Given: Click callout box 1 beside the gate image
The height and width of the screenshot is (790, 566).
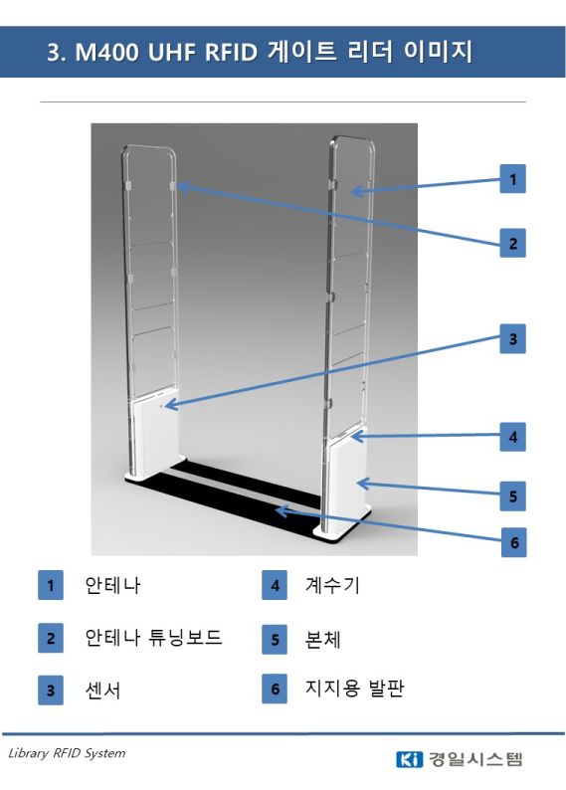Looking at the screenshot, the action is pyautogui.click(x=512, y=179).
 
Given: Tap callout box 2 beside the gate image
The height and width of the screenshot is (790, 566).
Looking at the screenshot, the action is pyautogui.click(x=512, y=244).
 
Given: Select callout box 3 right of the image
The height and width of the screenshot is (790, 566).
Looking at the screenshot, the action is pyautogui.click(x=512, y=338).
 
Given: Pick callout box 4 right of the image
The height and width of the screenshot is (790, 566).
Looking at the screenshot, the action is pyautogui.click(x=512, y=437).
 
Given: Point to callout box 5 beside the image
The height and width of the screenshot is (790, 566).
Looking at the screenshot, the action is pyautogui.click(x=512, y=496).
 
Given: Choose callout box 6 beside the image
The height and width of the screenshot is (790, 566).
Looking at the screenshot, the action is pyautogui.click(x=513, y=542).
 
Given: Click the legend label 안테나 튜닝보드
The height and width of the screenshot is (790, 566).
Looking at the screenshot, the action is pyautogui.click(x=153, y=638).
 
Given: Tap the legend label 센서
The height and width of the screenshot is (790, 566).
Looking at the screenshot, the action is pyautogui.click(x=102, y=691).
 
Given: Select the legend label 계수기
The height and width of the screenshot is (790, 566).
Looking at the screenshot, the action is pyautogui.click(x=332, y=585).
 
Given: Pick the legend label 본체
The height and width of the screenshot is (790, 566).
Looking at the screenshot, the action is pyautogui.click(x=322, y=640).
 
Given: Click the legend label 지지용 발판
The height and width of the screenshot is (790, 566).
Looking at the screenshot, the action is pyautogui.click(x=354, y=688).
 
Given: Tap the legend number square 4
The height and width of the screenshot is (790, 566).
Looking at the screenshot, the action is pyautogui.click(x=275, y=585).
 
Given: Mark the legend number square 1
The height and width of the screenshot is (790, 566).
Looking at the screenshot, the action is pyautogui.click(x=51, y=585).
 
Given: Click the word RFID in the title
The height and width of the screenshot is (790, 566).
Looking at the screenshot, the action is pyautogui.click(x=231, y=52).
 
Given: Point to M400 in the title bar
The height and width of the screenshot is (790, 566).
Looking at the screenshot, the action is pyautogui.click(x=106, y=52).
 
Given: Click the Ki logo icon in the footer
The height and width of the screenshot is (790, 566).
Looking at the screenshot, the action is pyautogui.click(x=410, y=759).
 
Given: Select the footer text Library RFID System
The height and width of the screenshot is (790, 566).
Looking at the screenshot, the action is pyautogui.click(x=67, y=753).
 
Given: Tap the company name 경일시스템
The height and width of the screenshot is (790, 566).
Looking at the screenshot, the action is pyautogui.click(x=475, y=759).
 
